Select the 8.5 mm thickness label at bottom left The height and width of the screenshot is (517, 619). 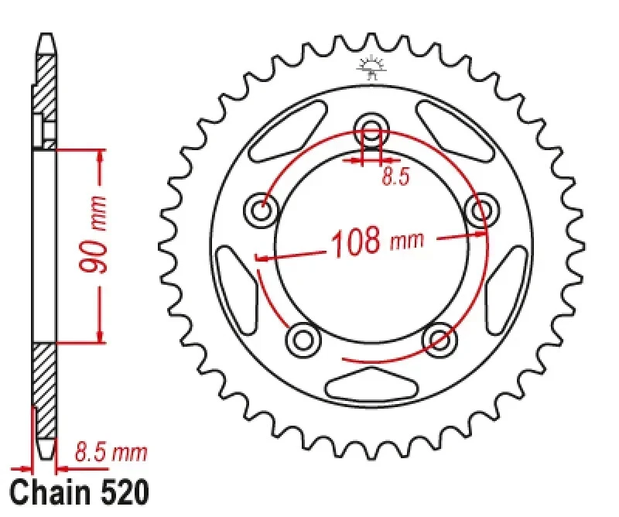[110, 452]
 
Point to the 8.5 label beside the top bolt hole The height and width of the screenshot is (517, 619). [395, 177]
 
